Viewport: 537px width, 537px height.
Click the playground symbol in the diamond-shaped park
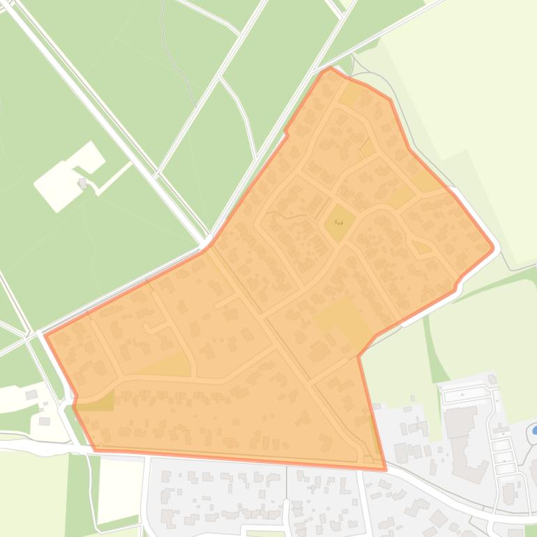coord(339,222)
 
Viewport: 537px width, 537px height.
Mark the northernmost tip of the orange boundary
coord(329,68)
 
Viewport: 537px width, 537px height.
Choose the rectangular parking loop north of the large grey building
coord(466,395)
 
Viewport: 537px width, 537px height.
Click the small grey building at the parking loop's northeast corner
coord(493,379)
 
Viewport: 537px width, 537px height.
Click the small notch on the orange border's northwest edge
coord(286,131)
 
